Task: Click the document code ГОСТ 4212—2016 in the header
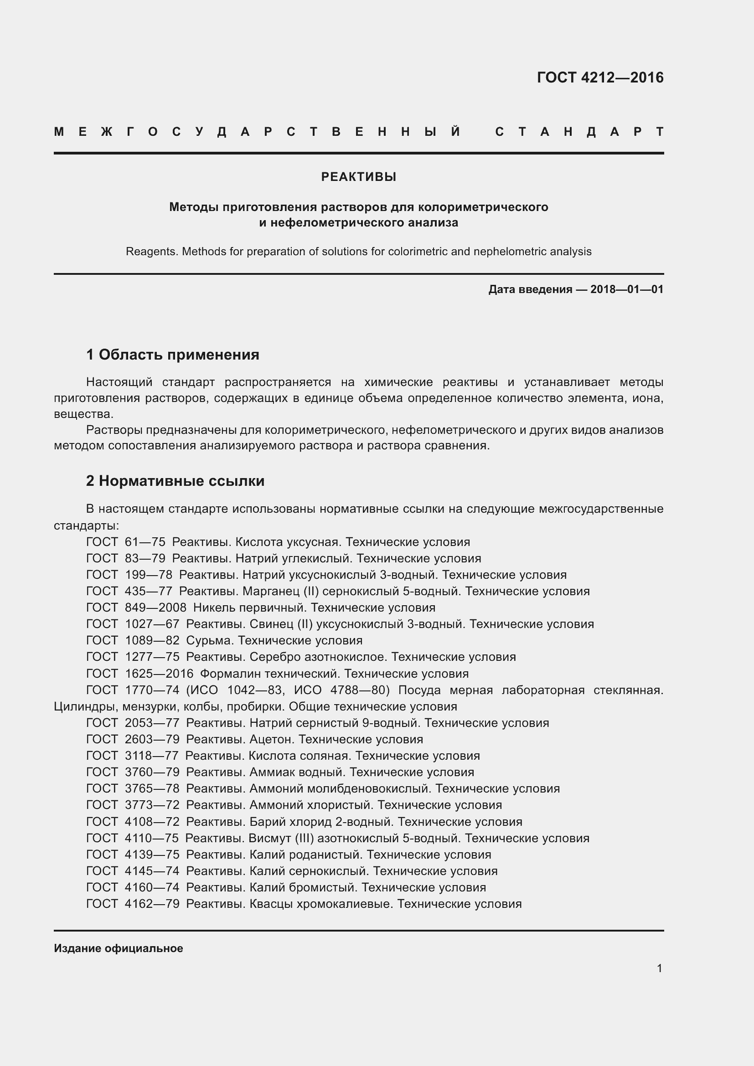(x=600, y=77)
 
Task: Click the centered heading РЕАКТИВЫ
(x=358, y=177)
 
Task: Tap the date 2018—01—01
(x=627, y=290)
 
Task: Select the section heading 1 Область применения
(x=173, y=355)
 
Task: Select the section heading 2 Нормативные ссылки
(x=175, y=481)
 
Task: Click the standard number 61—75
(x=145, y=542)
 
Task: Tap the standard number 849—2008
(x=155, y=608)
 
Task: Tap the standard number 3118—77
(x=152, y=756)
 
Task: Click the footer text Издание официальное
(x=119, y=948)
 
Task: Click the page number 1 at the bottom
(x=659, y=968)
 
